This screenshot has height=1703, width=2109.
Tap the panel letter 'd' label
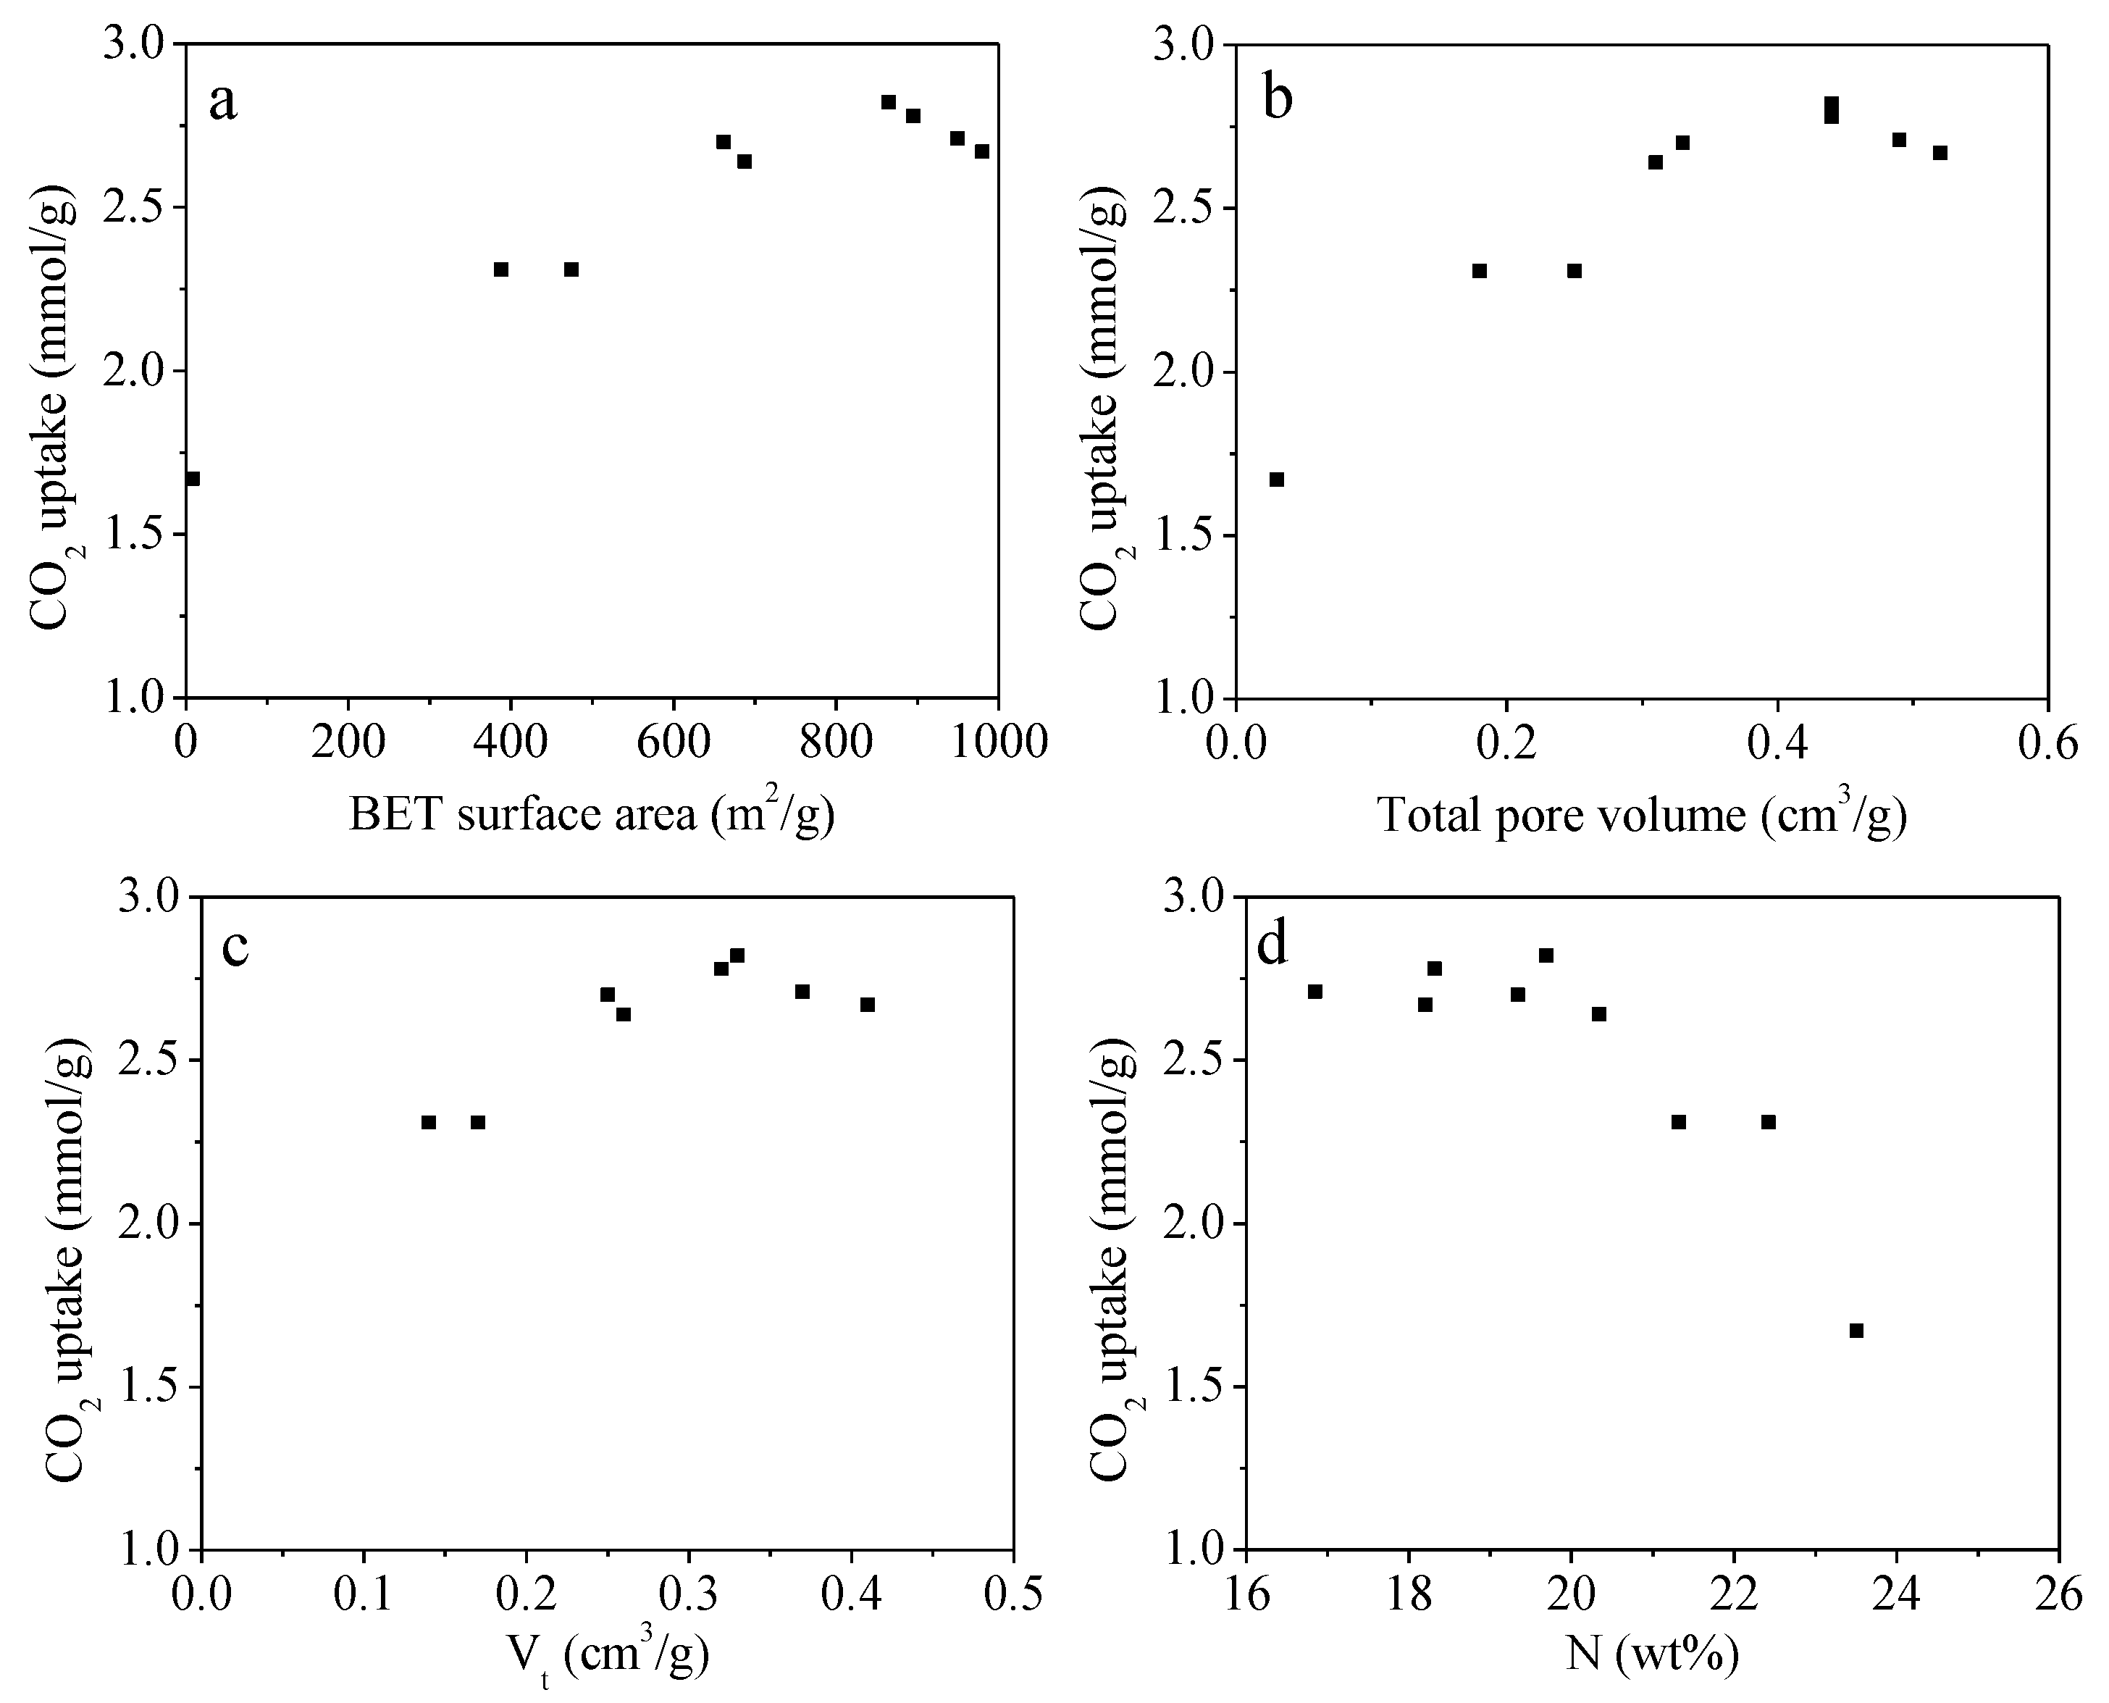coord(1272,947)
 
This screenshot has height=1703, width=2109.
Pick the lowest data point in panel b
coord(1276,480)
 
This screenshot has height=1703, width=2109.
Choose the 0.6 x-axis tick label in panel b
coord(2047,742)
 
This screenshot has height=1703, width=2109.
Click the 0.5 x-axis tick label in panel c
coord(1012,1596)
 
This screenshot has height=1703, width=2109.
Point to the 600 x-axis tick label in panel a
coord(673,742)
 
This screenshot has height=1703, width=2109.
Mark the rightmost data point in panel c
coord(867,1005)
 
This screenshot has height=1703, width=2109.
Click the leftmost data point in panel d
coord(1315,992)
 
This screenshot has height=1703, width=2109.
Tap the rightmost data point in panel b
coord(1940,153)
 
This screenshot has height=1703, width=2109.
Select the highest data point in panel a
coord(889,102)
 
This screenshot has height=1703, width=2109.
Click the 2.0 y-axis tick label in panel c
coord(157,1224)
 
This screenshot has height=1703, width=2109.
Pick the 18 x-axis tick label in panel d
coord(1409,1596)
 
